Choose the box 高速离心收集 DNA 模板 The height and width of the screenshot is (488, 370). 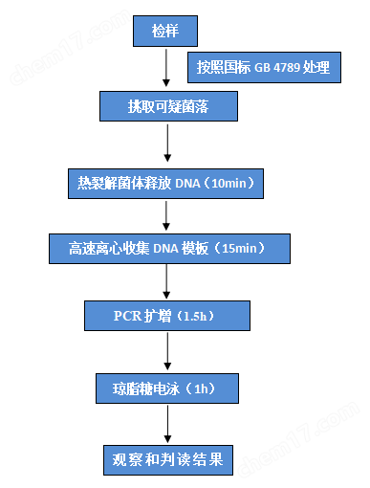169,248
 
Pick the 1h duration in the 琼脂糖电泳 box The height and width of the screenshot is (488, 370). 202,389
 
